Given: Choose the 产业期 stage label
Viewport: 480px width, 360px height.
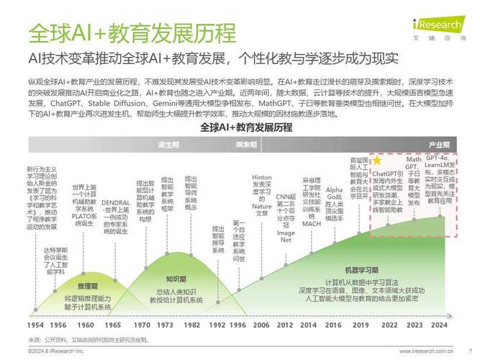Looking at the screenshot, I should (x=439, y=145).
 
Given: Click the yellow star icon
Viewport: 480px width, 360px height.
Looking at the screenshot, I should (x=377, y=161).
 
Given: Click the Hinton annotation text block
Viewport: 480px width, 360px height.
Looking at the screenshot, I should (x=262, y=194).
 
